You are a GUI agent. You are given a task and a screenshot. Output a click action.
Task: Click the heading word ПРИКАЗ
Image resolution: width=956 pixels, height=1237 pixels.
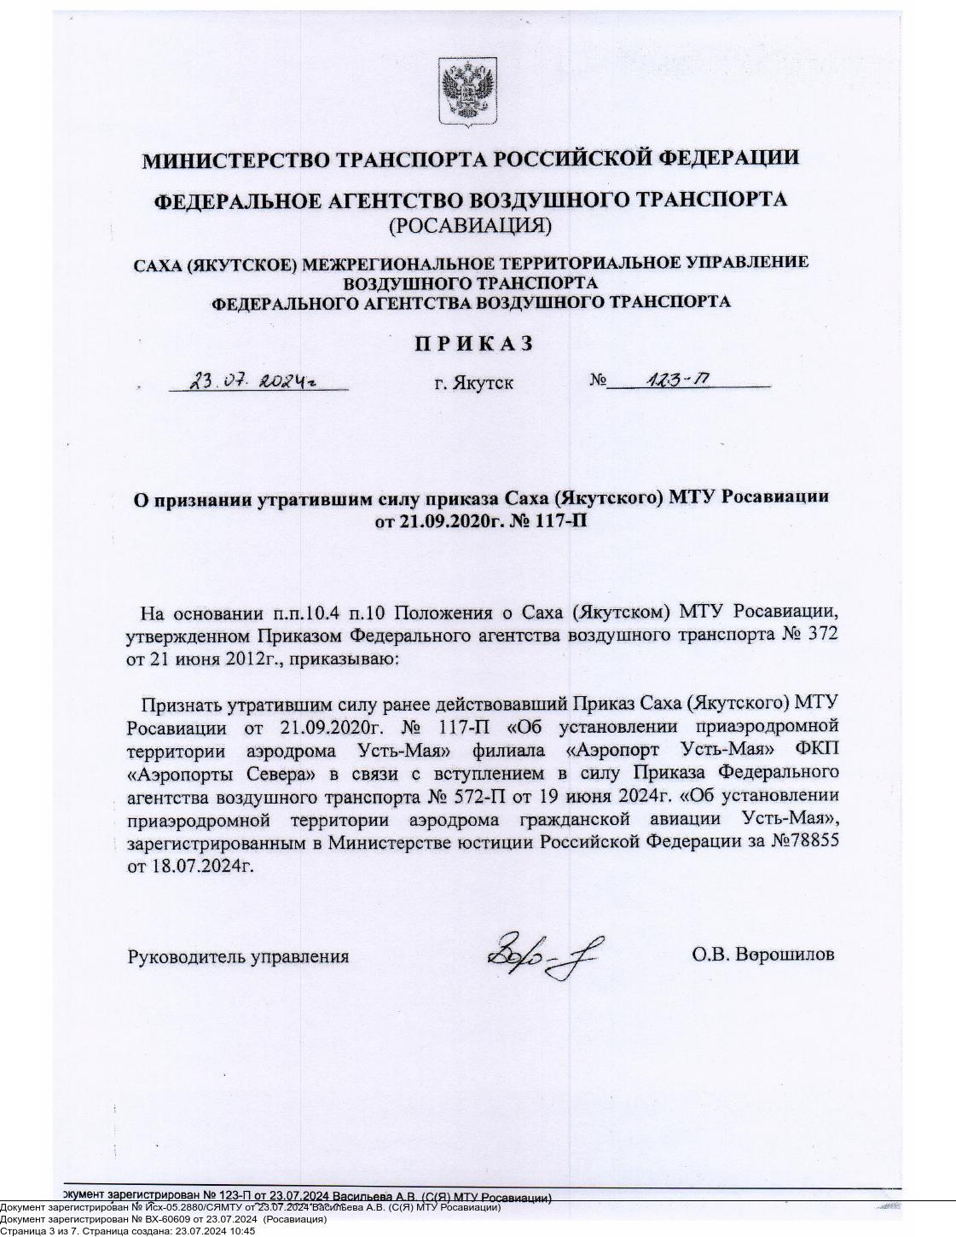coord(474,343)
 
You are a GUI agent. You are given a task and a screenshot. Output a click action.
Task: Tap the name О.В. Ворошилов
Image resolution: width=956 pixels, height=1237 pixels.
coord(762,955)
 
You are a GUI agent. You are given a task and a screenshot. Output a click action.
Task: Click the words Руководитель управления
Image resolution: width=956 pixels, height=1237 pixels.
coord(238,956)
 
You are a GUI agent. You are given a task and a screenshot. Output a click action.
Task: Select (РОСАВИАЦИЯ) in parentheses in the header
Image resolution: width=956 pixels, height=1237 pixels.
coord(470,226)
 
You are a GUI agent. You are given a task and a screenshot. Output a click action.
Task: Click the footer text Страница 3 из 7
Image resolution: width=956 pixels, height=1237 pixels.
coord(35,1231)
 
